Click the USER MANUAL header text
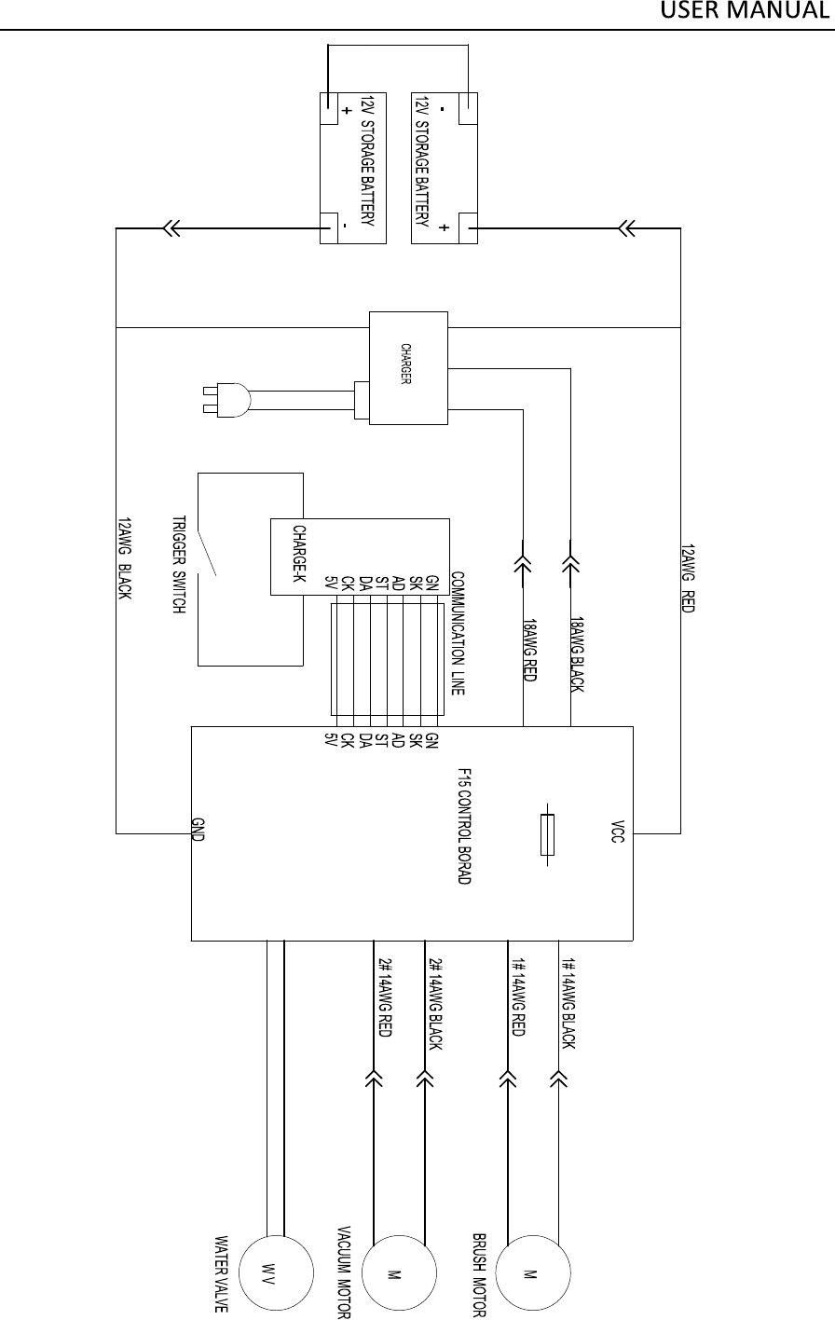pyautogui.click(x=746, y=12)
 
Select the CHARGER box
pyautogui.click(x=408, y=368)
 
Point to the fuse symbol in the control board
pyautogui.click(x=547, y=833)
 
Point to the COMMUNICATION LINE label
pyautogui.click(x=458, y=634)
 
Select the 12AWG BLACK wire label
pyautogui.click(x=125, y=558)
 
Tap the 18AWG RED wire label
pyautogui.click(x=528, y=650)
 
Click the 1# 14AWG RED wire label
pyautogui.click(x=519, y=998)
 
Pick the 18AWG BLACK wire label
pyautogui.click(x=577, y=654)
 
